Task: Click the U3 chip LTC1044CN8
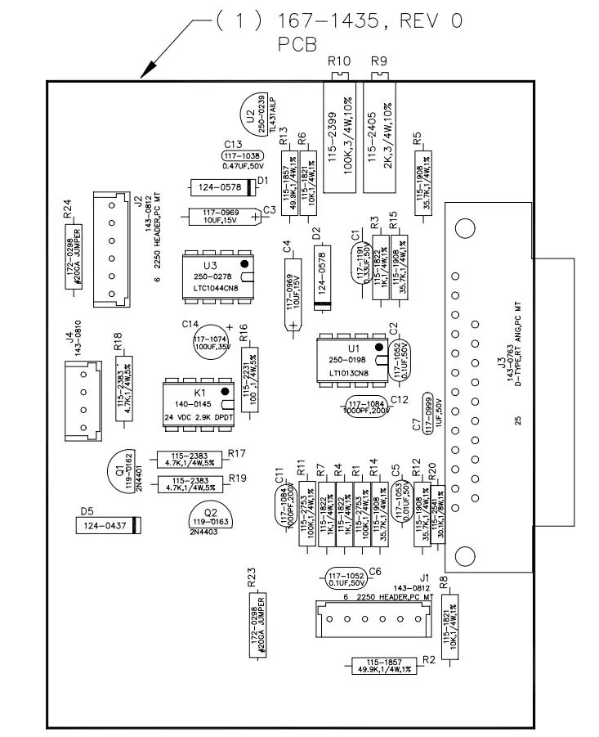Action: [x=217, y=277]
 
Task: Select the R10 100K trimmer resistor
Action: [x=338, y=135]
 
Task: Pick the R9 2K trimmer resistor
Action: [x=380, y=135]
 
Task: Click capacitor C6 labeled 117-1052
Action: [x=346, y=577]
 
